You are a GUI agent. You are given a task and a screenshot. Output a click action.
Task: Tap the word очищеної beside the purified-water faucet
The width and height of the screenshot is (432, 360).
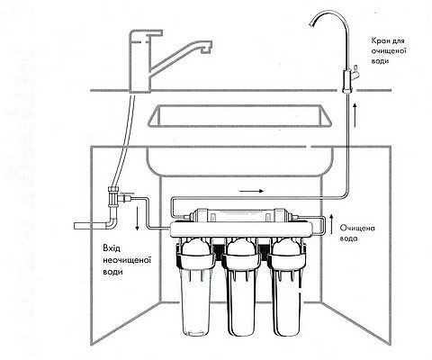389,50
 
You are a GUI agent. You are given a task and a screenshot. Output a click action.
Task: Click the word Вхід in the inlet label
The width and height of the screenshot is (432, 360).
112,248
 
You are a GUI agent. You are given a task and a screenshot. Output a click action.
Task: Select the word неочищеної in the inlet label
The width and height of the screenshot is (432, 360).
126,260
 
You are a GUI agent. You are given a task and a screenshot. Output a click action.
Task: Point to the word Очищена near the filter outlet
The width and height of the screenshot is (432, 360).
357,229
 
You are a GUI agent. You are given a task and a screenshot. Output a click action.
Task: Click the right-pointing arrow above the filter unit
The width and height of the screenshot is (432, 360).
251,191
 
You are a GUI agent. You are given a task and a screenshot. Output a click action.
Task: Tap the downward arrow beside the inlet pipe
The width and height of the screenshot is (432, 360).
137,219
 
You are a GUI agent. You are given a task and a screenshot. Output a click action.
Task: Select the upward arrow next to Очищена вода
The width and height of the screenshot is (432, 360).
331,224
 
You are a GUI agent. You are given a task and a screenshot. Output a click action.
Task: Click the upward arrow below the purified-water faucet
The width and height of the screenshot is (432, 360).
355,115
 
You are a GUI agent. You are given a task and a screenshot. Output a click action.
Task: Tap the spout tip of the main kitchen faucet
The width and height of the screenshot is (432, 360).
205,50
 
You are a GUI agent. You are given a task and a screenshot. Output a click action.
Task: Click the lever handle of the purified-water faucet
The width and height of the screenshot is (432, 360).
355,73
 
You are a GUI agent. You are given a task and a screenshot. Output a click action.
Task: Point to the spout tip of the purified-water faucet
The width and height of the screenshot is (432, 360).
312,25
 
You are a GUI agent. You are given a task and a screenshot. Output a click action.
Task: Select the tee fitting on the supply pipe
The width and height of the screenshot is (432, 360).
114,197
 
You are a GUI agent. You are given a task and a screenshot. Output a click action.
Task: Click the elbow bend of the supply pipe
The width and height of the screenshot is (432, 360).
111,223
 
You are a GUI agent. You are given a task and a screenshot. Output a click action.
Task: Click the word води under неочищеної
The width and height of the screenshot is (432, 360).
112,272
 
